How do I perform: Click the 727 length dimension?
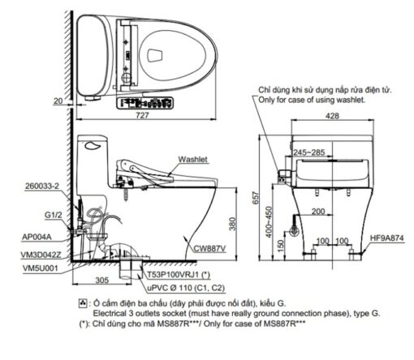click(x=142, y=115)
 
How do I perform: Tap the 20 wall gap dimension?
click(x=58, y=101)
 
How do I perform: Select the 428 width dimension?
click(x=332, y=116)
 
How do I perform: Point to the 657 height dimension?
click(x=256, y=198)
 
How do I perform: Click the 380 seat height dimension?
click(x=233, y=224)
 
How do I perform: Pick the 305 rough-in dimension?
click(x=102, y=281)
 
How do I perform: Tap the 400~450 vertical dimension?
click(x=269, y=222)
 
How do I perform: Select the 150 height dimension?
click(x=282, y=246)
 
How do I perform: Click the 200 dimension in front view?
click(x=318, y=211)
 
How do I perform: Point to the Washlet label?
click(x=193, y=159)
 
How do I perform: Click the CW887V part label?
click(x=209, y=248)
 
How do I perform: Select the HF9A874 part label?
click(x=386, y=238)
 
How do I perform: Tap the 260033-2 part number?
click(x=42, y=186)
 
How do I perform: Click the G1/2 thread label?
click(x=54, y=215)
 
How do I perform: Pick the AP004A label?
click(x=37, y=237)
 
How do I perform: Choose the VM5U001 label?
click(x=41, y=268)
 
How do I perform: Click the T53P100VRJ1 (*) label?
click(x=179, y=275)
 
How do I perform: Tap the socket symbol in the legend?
click(x=83, y=303)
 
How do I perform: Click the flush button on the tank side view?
click(x=93, y=146)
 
